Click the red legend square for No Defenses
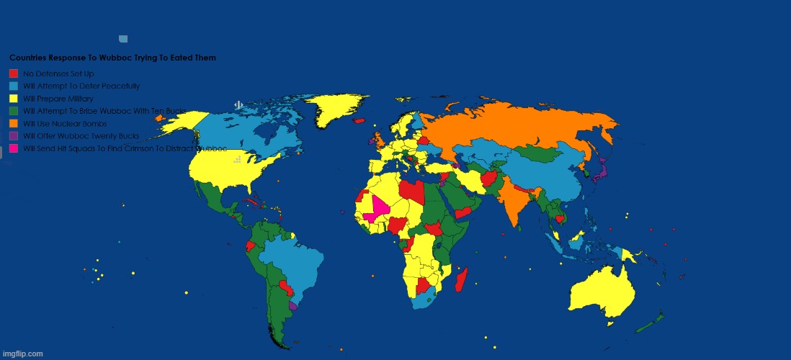click(x=13, y=73)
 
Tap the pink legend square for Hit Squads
click(x=13, y=148)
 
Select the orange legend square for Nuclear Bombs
click(x=13, y=123)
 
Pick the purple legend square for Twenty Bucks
click(x=13, y=135)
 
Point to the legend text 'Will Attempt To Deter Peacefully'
click(x=81, y=86)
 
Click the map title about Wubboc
click(x=112, y=57)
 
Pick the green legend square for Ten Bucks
click(x=13, y=111)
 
